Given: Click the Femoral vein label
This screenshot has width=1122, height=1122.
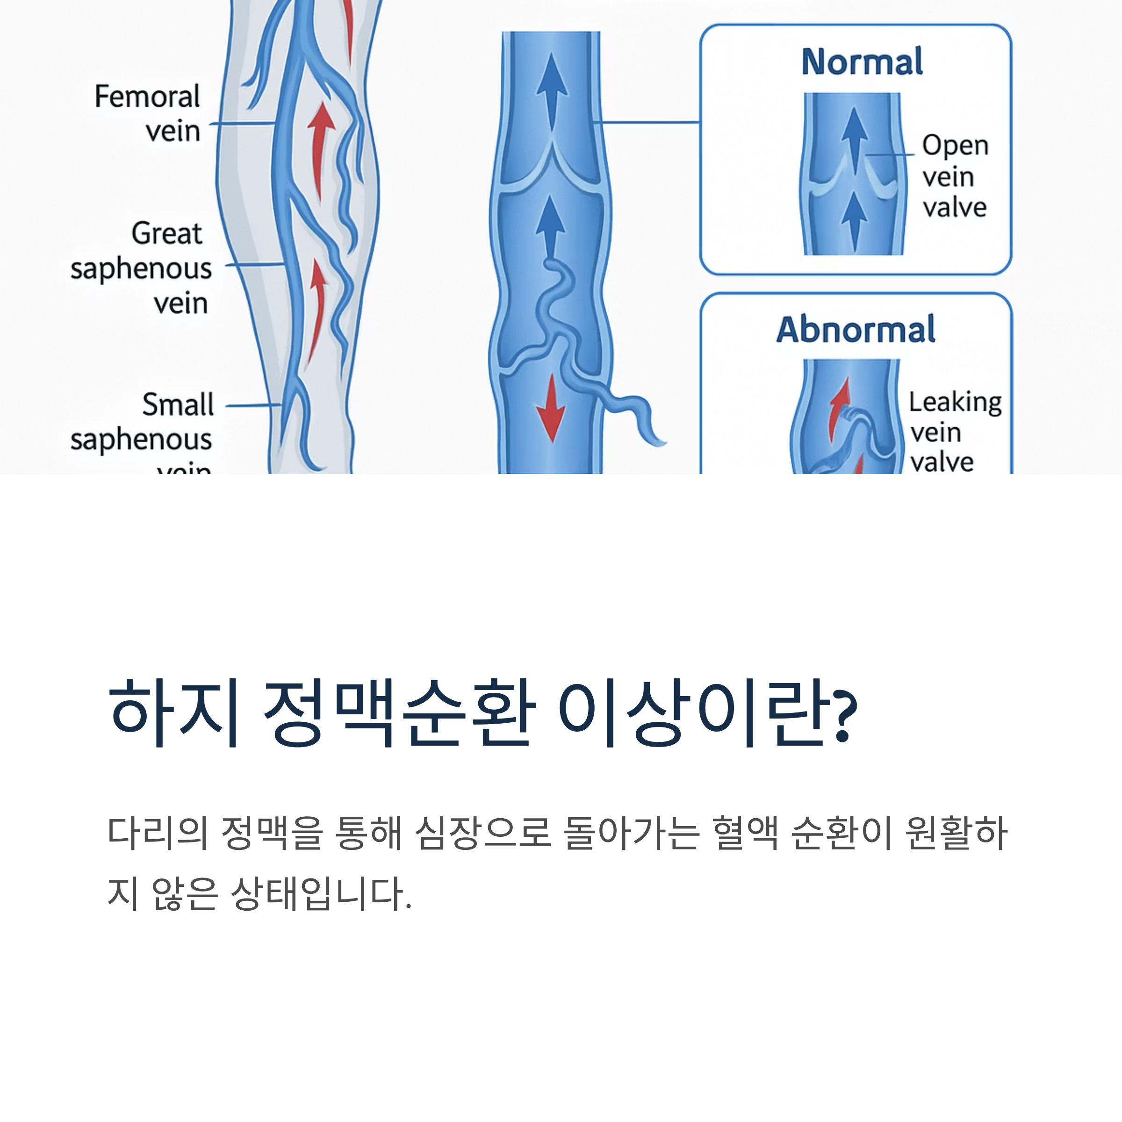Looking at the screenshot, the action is [148, 113].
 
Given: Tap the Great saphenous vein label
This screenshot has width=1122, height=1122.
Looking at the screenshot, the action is [141, 268].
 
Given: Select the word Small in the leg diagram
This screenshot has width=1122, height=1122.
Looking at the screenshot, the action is [178, 404].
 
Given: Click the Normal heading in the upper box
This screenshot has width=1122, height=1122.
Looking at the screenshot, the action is [862, 62].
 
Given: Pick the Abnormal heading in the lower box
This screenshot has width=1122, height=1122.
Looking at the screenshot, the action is [856, 330].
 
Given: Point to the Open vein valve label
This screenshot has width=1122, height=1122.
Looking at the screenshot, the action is [955, 176].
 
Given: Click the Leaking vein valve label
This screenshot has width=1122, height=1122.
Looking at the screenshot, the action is [955, 432].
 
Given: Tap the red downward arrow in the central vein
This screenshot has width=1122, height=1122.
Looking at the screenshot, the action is [551, 409].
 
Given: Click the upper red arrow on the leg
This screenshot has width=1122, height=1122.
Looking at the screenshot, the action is [319, 145].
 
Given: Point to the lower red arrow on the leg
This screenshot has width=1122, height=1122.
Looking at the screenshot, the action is [317, 308].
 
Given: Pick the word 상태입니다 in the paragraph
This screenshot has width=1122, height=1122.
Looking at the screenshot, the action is [321, 894].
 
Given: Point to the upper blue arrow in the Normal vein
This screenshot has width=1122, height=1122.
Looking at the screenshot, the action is [854, 139].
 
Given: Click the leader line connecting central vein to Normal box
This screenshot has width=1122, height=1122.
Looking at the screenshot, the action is [650, 122].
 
